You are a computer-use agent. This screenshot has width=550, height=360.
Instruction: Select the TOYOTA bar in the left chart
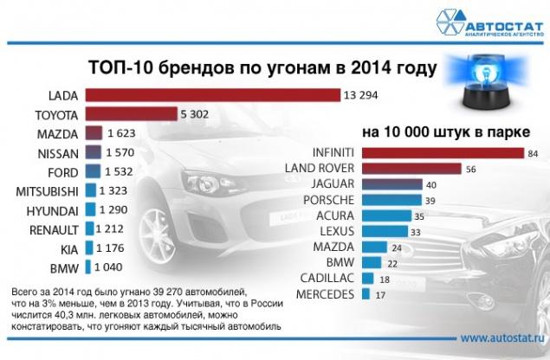tap(126, 114)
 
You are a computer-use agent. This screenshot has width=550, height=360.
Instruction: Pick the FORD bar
tap(94, 171)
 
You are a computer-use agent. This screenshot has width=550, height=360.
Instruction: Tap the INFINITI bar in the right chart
tap(424, 154)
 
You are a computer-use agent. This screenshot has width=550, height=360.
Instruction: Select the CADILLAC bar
tap(366, 279)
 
